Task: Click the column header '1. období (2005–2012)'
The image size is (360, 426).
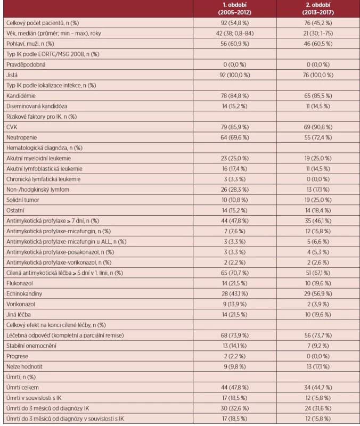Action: [235, 9]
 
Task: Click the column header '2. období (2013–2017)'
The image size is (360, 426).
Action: [318, 9]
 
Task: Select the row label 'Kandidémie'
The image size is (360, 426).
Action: [21, 96]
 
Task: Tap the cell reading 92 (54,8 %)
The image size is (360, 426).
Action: [235, 23]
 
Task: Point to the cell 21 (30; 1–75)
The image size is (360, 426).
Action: [318, 34]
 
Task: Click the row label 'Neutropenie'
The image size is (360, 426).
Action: [21, 137]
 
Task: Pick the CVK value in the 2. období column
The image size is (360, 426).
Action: [318, 127]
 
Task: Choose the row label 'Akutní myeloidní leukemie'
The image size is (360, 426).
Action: [38, 158]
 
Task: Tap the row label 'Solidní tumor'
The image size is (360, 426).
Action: [23, 200]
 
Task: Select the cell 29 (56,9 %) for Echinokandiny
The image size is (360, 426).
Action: [318, 294]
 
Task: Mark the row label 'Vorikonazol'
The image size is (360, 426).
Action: [21, 304]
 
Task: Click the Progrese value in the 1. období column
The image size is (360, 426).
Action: [235, 356]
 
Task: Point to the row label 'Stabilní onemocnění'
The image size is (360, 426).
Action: [31, 346]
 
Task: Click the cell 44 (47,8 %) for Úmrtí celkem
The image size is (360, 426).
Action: [235, 388]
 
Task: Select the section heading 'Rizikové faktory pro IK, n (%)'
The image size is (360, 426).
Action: [42, 117]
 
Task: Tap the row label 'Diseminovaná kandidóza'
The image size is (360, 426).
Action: [37, 106]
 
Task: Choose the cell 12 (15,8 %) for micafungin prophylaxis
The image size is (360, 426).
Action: [318, 231]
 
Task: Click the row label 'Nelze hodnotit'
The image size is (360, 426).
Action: [24, 367]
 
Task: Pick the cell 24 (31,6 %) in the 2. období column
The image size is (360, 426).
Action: [318, 408]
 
